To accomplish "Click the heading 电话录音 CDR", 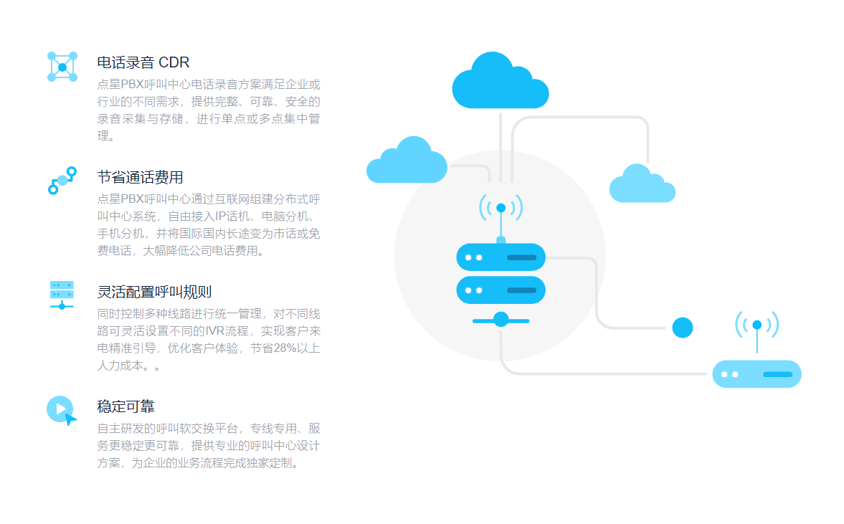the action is pos(143,62).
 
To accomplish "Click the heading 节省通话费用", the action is pos(141,177).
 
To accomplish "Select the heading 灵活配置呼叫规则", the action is pos(154,292).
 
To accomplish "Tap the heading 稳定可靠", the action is pos(126,406).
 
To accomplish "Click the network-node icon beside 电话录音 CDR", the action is pos(62,67).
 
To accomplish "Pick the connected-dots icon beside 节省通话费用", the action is pos(62,180).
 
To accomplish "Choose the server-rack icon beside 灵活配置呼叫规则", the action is pos(62,295).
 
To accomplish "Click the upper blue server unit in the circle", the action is pos(501,257).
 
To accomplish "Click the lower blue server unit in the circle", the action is pos(501,290).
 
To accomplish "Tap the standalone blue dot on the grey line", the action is pos(683,328).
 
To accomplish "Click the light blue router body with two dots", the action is pos(757,374).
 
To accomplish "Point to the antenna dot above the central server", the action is pos(501,208).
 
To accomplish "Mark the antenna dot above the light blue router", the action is pos(757,325).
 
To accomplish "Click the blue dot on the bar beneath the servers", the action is pos(501,320).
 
